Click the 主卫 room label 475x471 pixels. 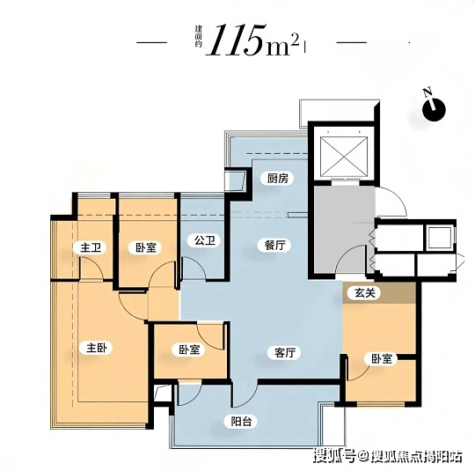(90, 247)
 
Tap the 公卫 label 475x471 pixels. (205, 240)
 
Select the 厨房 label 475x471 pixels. (277, 179)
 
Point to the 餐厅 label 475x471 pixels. (274, 245)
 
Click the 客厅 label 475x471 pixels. (285, 352)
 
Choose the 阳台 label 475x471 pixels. (241, 422)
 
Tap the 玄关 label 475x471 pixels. (365, 292)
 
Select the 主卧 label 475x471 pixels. (97, 348)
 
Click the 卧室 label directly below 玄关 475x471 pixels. (382, 359)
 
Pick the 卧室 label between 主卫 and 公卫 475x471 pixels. (146, 247)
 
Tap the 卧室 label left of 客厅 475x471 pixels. (189, 350)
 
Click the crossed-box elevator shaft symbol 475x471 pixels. (344, 156)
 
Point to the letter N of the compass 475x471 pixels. (427, 92)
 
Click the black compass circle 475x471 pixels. (435, 110)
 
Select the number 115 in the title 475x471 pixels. (236, 40)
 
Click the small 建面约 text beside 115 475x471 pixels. (198, 37)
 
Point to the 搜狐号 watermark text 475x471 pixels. (334, 455)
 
